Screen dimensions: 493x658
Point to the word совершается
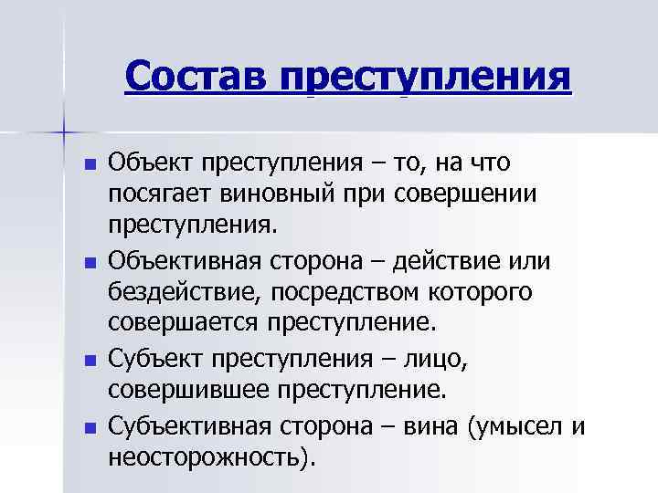[184, 323]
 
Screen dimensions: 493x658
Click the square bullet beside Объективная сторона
[89, 263]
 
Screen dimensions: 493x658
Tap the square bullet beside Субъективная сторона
[89, 426]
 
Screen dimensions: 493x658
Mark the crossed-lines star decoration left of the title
[65, 133]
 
